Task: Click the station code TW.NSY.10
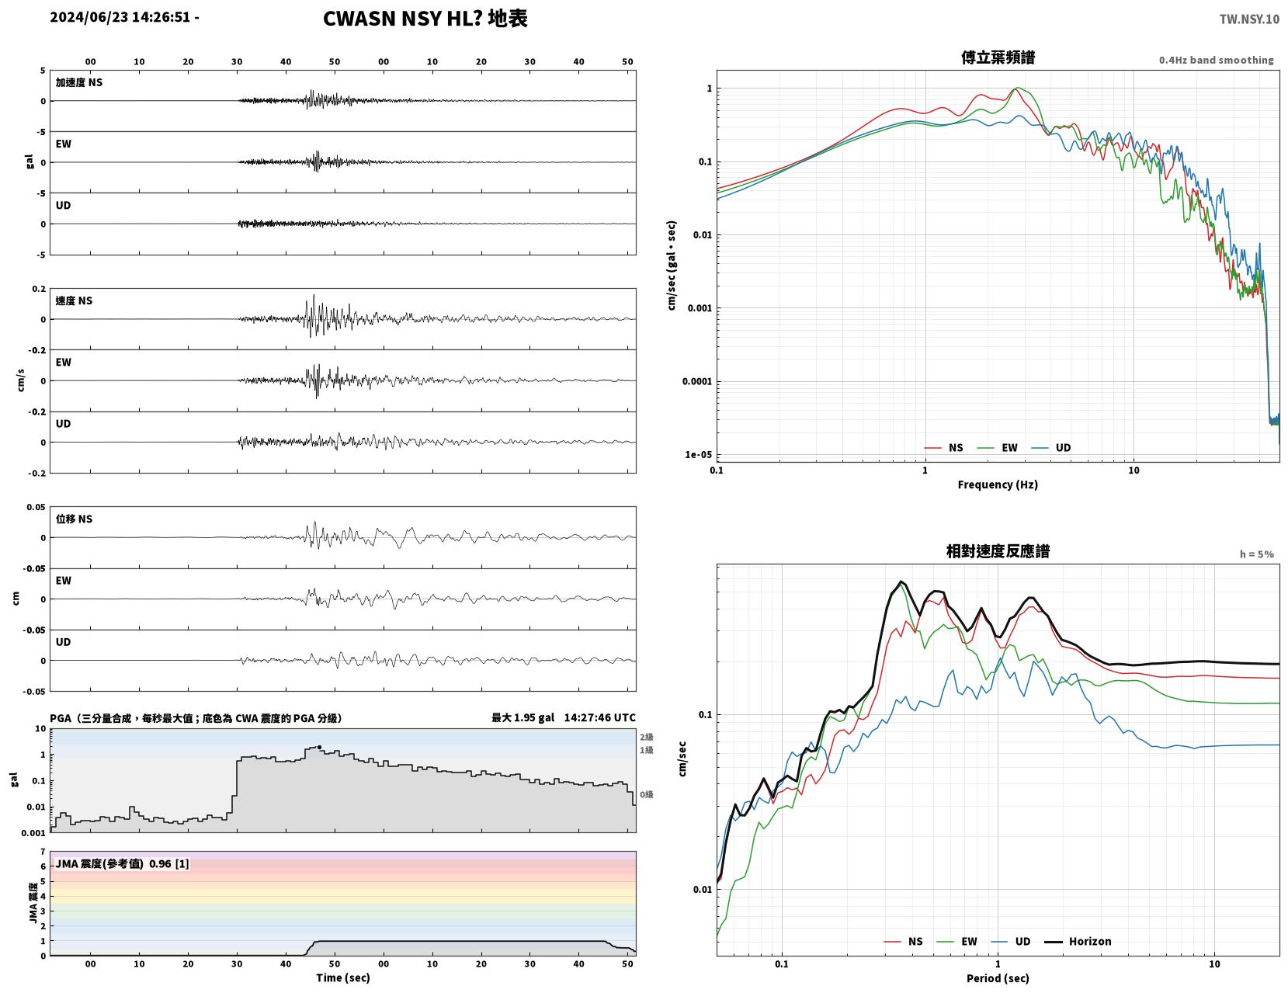(1249, 19)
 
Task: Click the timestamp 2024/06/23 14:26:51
(120, 17)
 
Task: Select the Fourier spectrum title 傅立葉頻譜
(998, 57)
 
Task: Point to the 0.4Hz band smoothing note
(1216, 60)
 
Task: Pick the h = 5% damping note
(1256, 554)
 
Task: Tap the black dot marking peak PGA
(319, 747)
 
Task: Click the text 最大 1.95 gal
(522, 717)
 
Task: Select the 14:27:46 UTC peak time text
(599, 717)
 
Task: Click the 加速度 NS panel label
(79, 82)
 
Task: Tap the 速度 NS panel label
(74, 300)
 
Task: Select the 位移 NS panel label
(74, 519)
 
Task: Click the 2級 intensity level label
(646, 737)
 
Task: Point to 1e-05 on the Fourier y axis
(698, 454)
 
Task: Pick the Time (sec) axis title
(342, 977)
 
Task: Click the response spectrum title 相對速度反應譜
(998, 551)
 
